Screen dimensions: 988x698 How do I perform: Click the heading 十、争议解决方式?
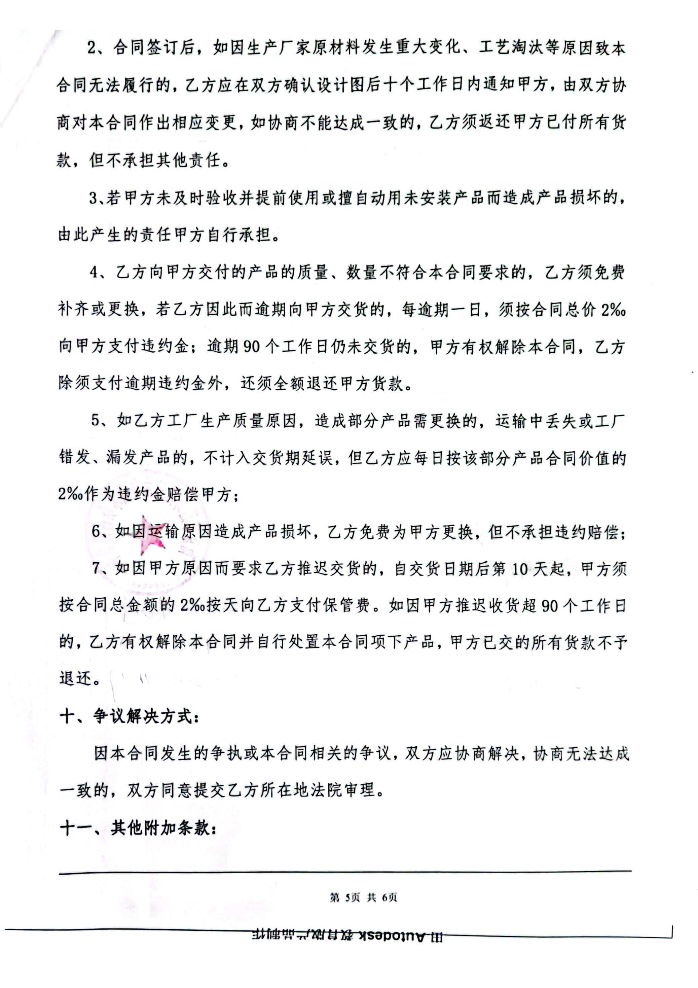coord(129,716)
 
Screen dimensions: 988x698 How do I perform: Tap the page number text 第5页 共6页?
coord(363,897)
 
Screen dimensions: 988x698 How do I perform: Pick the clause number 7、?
coord(100,569)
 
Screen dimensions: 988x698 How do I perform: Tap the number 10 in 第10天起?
coord(519,570)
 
